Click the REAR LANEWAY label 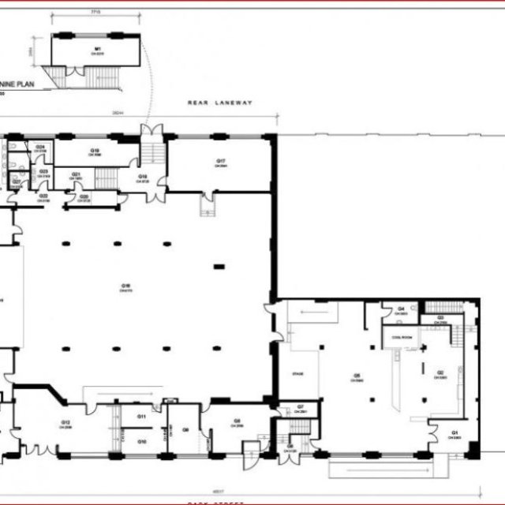point(219,103)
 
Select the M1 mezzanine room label point(99,50)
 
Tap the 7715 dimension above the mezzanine point(96,13)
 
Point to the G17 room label point(222,162)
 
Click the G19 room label point(95,150)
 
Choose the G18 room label point(144,177)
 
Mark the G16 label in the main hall point(125,286)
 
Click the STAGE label point(298,373)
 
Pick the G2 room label point(440,372)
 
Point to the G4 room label point(401,309)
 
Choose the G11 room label point(142,416)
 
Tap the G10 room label point(142,441)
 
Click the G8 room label point(236,422)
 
